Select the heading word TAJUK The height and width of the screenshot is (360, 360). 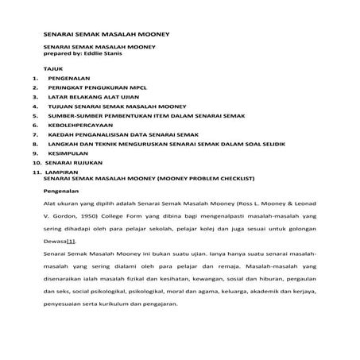point(52,70)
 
